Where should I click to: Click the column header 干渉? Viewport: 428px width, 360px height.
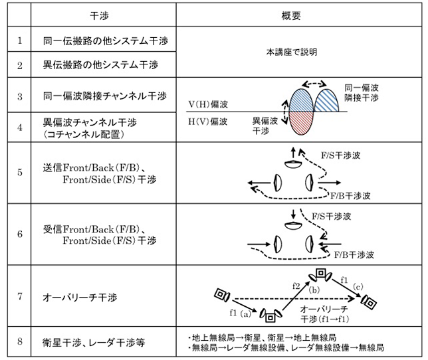(100, 16)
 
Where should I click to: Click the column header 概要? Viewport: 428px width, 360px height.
(291, 16)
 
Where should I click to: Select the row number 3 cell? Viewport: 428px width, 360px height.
(20, 96)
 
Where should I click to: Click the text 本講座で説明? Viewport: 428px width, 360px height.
(292, 52)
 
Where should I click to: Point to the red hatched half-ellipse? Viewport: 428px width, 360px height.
(300, 124)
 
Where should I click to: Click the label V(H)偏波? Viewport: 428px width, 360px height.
(208, 104)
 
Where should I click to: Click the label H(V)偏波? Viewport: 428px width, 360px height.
(208, 121)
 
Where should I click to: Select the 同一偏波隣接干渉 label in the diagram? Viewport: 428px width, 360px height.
(361, 93)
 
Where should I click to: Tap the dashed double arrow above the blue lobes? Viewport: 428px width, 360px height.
(314, 84)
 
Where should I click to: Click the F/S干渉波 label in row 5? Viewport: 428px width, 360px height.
(340, 155)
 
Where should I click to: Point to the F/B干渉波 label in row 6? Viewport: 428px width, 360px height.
(354, 255)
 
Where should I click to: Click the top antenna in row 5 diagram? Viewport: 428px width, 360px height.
(293, 164)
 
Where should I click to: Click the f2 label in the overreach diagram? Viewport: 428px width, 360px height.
(296, 286)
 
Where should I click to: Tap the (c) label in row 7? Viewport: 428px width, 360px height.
(358, 287)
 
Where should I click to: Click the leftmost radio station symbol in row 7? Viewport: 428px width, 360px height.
(222, 294)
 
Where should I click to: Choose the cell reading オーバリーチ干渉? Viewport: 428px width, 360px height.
(80, 297)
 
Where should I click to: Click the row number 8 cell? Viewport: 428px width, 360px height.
(20, 341)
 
